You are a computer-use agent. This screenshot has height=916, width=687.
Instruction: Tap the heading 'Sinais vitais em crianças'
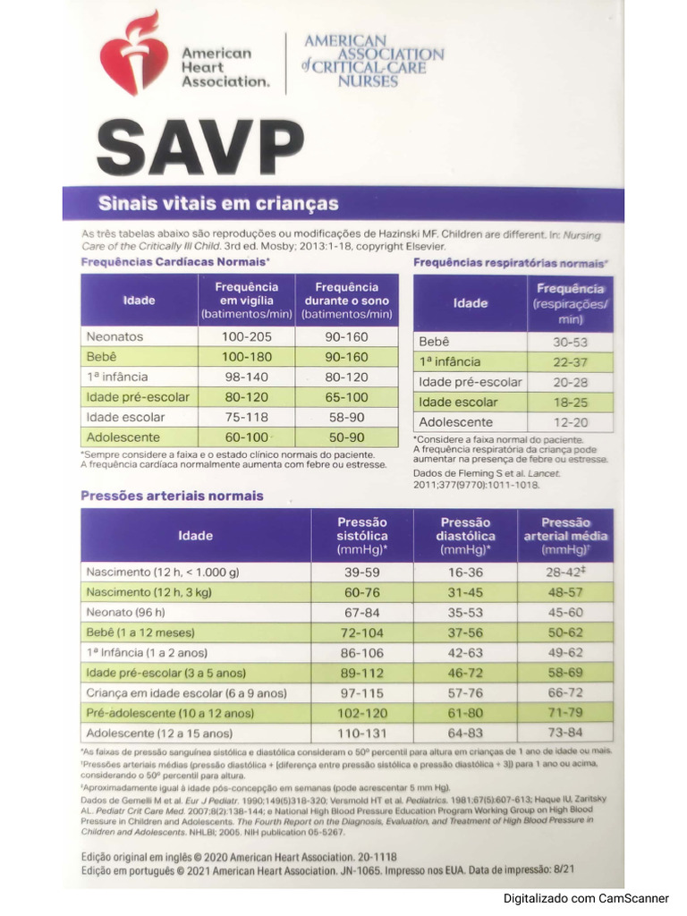click(218, 204)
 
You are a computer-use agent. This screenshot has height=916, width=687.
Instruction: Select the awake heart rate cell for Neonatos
click(246, 337)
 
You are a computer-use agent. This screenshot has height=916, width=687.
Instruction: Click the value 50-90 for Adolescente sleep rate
click(347, 437)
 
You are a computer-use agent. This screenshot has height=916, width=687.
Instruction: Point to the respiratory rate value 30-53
click(570, 342)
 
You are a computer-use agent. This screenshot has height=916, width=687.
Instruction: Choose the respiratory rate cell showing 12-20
click(570, 422)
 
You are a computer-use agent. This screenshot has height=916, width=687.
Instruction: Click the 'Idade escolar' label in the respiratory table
click(458, 402)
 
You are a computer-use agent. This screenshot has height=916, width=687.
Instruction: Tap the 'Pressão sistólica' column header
click(361, 536)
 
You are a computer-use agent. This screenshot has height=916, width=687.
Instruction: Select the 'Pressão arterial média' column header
click(565, 536)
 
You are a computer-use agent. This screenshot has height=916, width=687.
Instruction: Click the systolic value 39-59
click(361, 572)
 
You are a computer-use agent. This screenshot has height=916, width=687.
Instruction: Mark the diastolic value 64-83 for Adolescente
click(464, 733)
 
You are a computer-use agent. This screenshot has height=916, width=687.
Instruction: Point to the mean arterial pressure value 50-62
click(565, 632)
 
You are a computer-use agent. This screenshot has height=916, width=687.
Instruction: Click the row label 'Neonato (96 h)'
click(126, 613)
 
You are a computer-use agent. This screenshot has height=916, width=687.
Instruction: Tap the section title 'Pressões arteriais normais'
click(172, 496)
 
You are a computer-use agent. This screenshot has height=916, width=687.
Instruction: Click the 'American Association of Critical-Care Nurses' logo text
click(373, 61)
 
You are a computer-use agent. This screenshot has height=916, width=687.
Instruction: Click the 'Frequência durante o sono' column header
click(347, 301)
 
